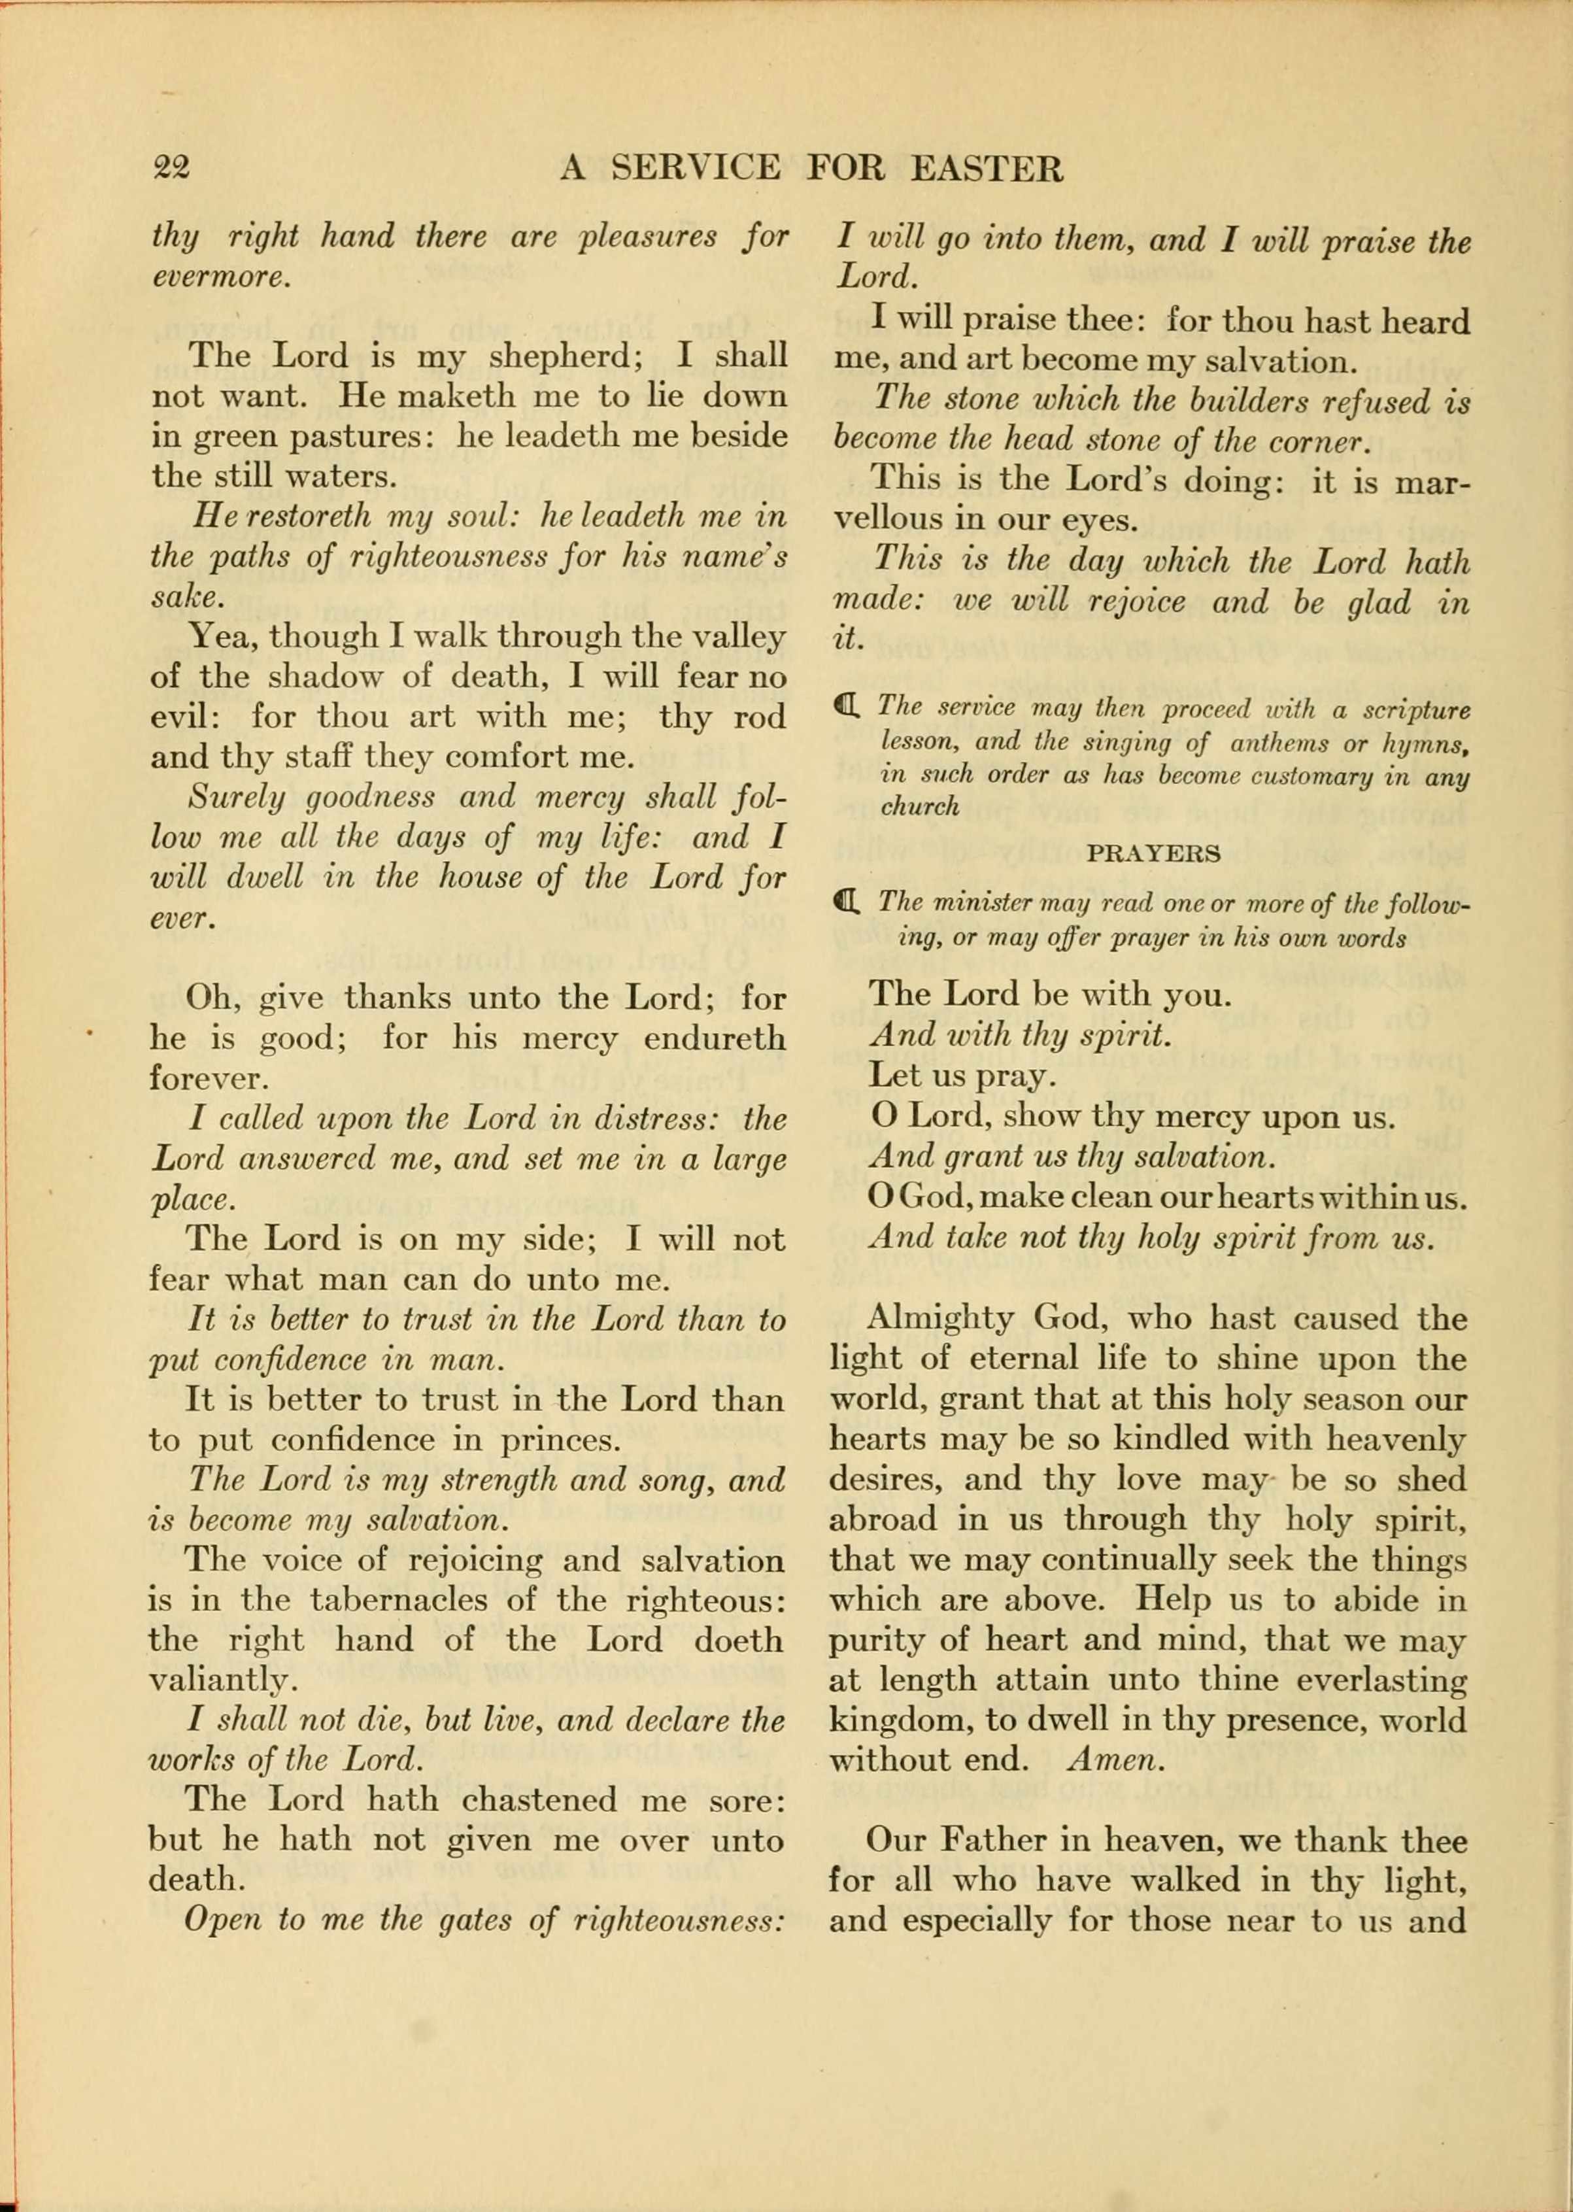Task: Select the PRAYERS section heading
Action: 1153,854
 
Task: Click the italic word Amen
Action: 1115,1760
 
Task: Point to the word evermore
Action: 220,277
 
